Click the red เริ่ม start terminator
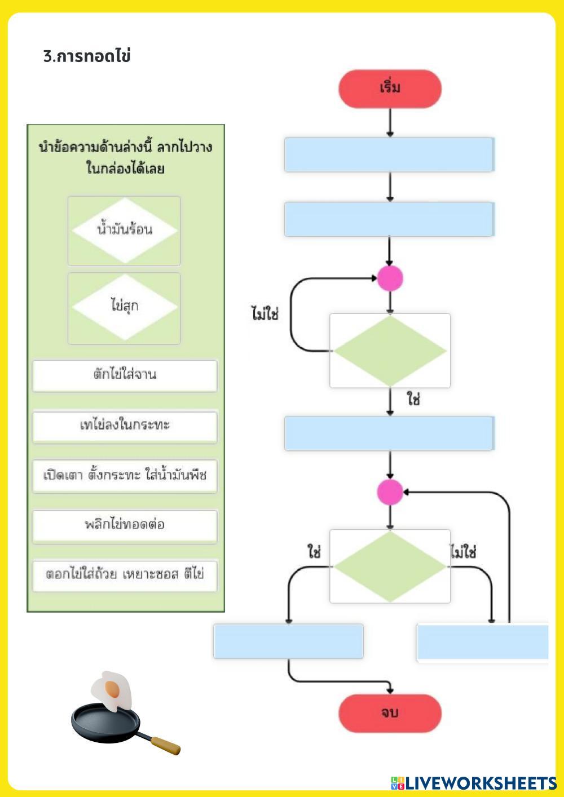[x=390, y=88]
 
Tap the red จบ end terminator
[x=390, y=713]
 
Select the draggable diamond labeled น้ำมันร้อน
[x=124, y=231]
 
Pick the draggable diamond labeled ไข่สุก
[x=124, y=307]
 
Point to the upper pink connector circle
[x=390, y=278]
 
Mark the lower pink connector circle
[x=390, y=492]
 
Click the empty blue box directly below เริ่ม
[x=389, y=154]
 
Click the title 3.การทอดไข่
[x=87, y=56]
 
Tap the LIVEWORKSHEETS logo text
[x=480, y=783]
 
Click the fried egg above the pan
[x=112, y=690]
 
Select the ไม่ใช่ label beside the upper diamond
[x=265, y=314]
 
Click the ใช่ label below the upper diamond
[x=413, y=400]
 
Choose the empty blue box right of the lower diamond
[x=482, y=641]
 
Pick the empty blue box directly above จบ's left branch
[x=288, y=641]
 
